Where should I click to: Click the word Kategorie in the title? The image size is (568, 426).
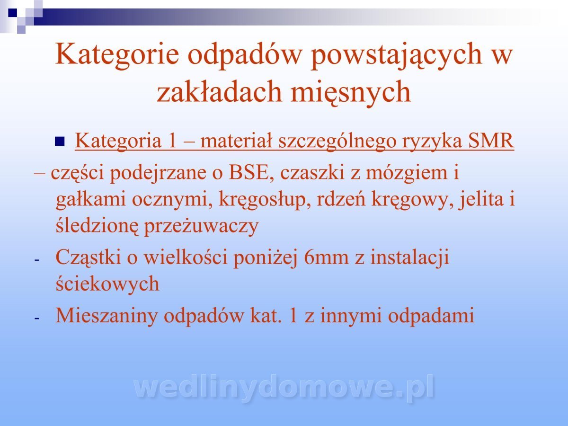coord(117,54)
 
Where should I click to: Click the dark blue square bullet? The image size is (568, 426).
coord(60,142)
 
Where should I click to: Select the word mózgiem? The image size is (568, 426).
coord(407,173)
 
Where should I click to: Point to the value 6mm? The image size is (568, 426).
coord(326,258)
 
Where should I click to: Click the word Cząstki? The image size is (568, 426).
coord(88,257)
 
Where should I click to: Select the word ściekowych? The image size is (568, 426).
coord(107,284)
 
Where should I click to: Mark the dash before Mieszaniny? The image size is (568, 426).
coord(36,318)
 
